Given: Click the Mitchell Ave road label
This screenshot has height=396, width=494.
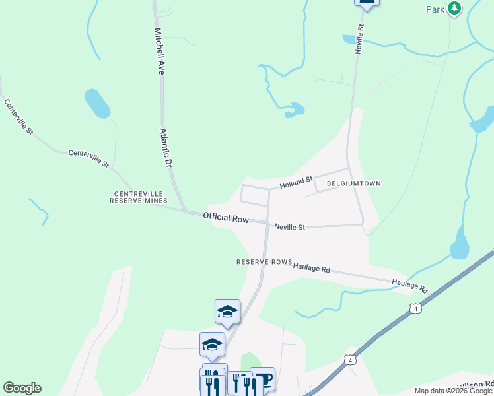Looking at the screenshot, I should click(x=159, y=51).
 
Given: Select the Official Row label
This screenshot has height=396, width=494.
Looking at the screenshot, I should click(x=225, y=217).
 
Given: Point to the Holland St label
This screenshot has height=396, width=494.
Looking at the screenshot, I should click(x=295, y=181).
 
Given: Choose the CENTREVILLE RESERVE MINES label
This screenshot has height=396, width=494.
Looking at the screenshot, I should click(x=139, y=197).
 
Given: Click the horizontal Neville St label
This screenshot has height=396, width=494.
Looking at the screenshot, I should click(x=290, y=227).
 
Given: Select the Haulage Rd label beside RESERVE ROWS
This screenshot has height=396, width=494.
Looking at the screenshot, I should click(x=312, y=268).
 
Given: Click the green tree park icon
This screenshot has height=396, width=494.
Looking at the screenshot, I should click(x=454, y=9).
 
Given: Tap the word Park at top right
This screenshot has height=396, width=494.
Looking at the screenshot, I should click(x=435, y=9).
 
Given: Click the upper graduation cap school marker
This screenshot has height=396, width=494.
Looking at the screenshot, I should click(x=227, y=311).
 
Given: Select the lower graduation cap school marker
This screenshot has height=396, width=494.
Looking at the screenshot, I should click(x=212, y=344).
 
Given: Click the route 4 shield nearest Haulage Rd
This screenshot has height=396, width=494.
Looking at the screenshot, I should click(x=415, y=308).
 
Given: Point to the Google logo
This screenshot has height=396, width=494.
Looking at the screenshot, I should click(x=22, y=388).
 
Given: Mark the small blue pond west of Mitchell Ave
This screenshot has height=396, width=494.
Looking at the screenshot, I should click(x=97, y=104).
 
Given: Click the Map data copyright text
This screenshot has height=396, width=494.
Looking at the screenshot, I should click(x=454, y=391).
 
